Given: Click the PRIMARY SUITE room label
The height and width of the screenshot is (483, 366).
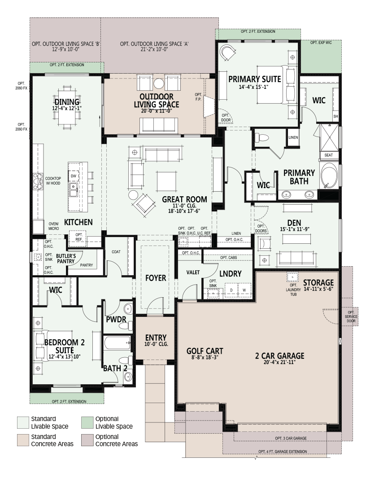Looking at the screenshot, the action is coord(255,79).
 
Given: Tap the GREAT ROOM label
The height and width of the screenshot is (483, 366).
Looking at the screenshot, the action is coord(184,199).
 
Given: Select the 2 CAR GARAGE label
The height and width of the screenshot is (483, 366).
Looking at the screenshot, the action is coord(279,356).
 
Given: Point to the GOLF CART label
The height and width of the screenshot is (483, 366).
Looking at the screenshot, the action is coord(205,351).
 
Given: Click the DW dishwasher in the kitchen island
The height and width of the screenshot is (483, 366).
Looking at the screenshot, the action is coord(74,176).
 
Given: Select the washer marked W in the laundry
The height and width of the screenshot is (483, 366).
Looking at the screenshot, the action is coord(244,290).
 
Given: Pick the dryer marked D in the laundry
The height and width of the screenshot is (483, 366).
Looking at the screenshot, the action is coord(231,290).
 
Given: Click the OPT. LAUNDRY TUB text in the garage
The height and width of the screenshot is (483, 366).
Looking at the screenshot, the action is coord(293,290).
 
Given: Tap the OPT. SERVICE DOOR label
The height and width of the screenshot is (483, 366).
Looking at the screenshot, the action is coord(351,316).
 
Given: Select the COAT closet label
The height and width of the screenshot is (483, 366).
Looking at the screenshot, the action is coord(116,252).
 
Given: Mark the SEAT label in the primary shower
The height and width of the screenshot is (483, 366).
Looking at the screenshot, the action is coord(328,155).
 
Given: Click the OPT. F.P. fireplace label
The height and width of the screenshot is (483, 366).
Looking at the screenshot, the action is coord(198,97).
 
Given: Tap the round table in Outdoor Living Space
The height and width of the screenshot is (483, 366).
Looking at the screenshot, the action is coord(159,83).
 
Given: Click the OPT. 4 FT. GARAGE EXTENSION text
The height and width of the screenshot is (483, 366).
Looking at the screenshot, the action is coord(283,452).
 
